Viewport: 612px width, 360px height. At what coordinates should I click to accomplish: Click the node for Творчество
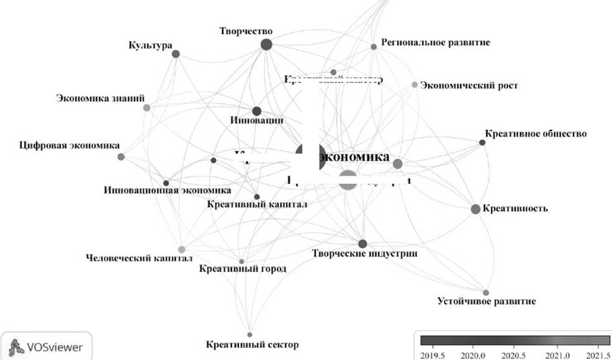[266, 44]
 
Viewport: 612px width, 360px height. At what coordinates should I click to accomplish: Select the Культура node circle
[176, 54]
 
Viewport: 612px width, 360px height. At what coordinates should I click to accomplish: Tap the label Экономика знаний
[101, 98]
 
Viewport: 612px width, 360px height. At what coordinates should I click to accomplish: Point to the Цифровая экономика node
[121, 156]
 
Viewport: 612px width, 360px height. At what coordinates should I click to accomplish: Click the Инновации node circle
[256, 111]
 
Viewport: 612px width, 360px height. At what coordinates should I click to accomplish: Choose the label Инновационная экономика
[167, 191]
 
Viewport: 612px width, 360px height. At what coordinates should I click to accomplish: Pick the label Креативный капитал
[257, 204]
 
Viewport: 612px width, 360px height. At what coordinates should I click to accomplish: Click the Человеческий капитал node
[181, 250]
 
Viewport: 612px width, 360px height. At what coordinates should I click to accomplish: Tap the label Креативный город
[243, 269]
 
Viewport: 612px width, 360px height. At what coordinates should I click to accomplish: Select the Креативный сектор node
[250, 335]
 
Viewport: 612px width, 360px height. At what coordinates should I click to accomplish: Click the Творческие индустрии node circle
[362, 243]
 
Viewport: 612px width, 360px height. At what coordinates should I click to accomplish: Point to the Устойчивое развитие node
[486, 292]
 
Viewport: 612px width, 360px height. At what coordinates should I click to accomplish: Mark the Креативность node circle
[475, 209]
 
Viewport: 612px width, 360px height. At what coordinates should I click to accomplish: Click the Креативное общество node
[482, 143]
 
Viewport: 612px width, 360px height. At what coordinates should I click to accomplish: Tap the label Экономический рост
[469, 86]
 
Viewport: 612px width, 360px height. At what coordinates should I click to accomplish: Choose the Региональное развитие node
[374, 47]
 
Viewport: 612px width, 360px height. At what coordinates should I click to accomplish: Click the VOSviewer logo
[47, 347]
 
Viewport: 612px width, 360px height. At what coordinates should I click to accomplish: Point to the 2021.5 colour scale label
[598, 355]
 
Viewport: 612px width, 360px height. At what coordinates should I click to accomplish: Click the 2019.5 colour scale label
[433, 355]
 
